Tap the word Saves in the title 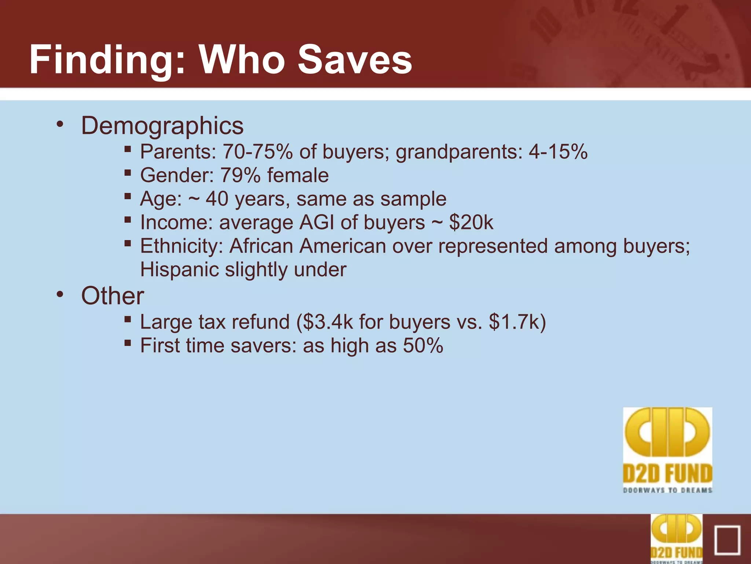click(355, 60)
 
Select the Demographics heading click(162, 126)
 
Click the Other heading click(113, 296)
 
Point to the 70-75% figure click(258, 152)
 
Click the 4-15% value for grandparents click(558, 152)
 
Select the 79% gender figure click(240, 175)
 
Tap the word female click(298, 175)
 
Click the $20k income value click(471, 223)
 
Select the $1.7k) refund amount click(517, 322)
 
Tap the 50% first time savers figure click(423, 346)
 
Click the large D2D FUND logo click(667, 450)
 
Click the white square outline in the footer click(727, 540)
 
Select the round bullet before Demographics click(60, 124)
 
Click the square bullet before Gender click(128, 173)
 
